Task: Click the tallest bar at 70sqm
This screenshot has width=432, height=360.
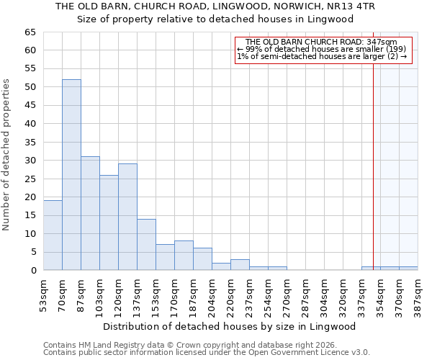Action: [x=71, y=175]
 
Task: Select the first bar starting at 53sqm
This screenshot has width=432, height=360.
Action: [x=53, y=235]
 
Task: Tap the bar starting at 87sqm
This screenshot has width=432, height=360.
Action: [x=90, y=213]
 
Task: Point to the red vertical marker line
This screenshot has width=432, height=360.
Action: [x=373, y=166]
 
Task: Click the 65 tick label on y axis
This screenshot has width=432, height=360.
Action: [x=30, y=32]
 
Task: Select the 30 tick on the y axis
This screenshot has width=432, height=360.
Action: [x=30, y=161]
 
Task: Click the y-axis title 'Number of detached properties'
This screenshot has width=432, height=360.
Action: [x=7, y=155]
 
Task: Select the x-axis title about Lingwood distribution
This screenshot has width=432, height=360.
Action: [x=229, y=326]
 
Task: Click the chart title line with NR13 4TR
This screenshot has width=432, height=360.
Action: [x=215, y=6]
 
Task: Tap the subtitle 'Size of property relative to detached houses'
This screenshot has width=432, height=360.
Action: [x=215, y=19]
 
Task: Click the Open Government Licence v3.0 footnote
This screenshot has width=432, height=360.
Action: [x=206, y=353]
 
